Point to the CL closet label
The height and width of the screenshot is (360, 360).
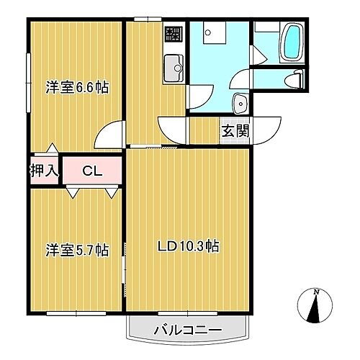point(91,171)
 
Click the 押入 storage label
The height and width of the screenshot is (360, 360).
point(45,171)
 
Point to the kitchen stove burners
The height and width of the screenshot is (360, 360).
point(174,33)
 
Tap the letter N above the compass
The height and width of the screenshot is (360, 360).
point(315,292)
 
